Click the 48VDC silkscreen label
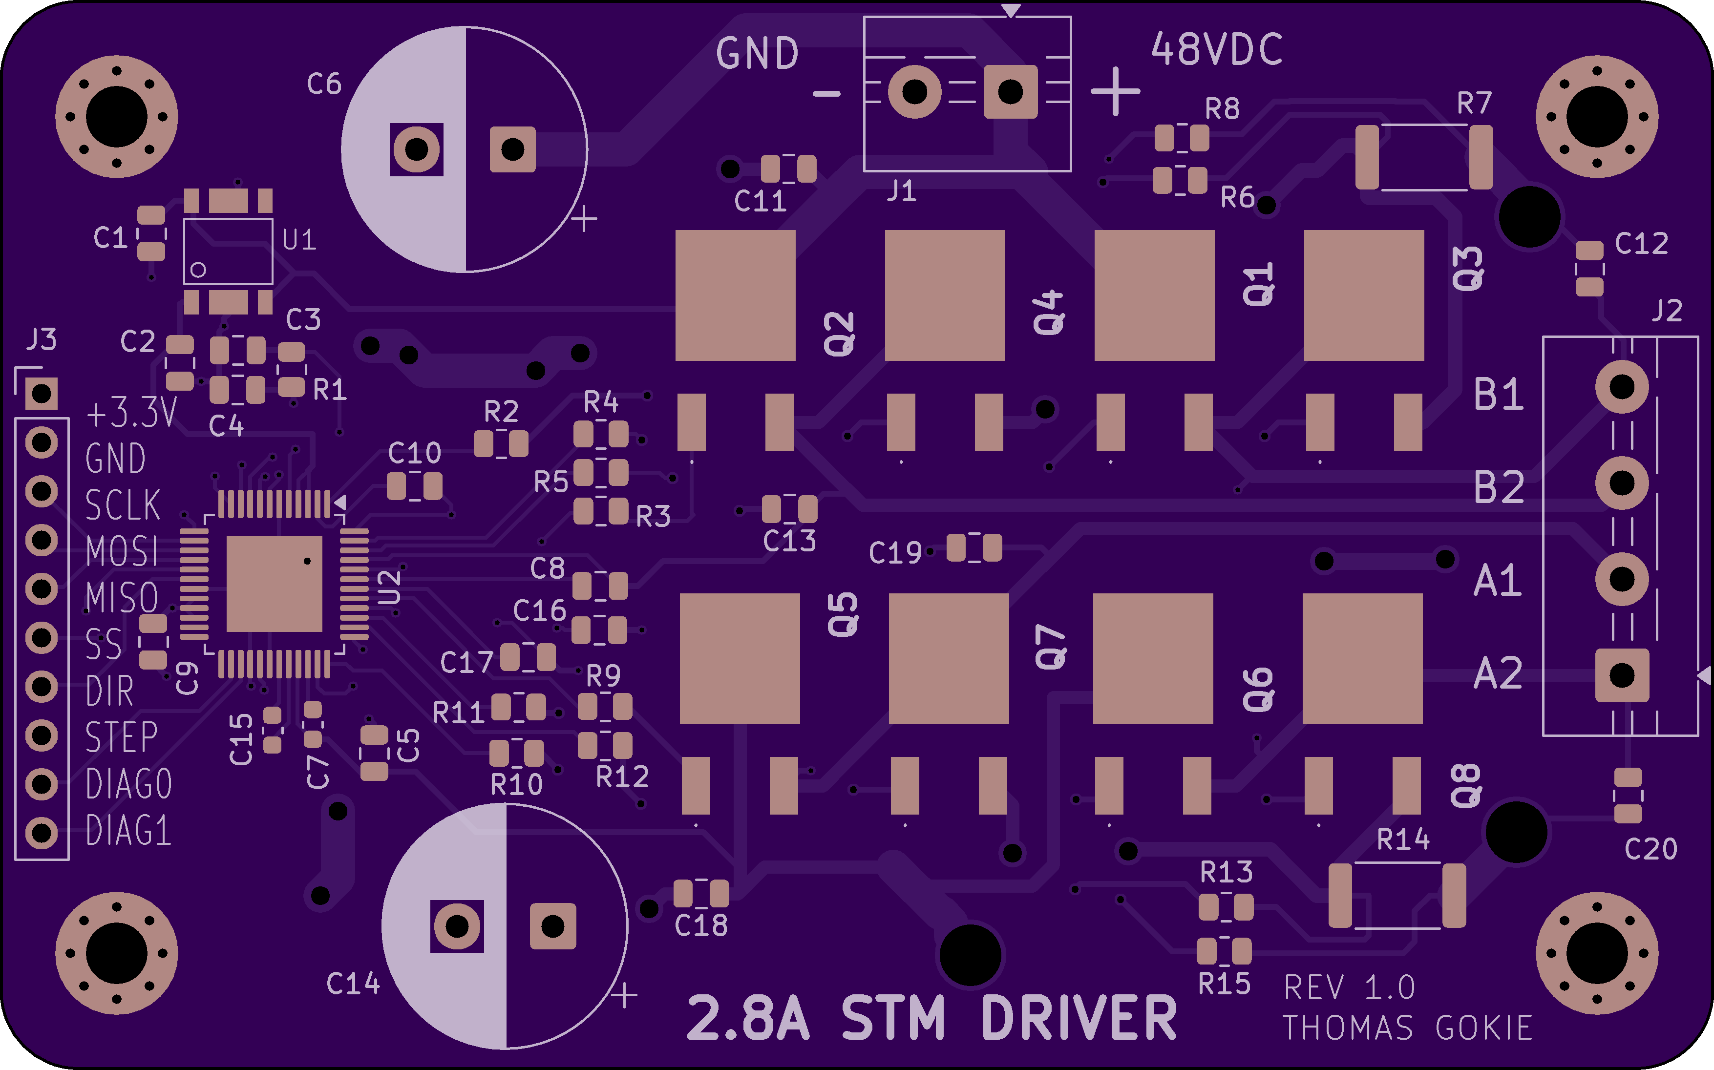coord(1216,49)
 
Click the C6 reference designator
coord(324,84)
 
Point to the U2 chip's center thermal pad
coord(274,583)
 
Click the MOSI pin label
coord(122,551)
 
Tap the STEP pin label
coord(121,737)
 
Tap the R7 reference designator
coord(1474,104)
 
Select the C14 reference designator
coord(353,984)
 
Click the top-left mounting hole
coord(117,117)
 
